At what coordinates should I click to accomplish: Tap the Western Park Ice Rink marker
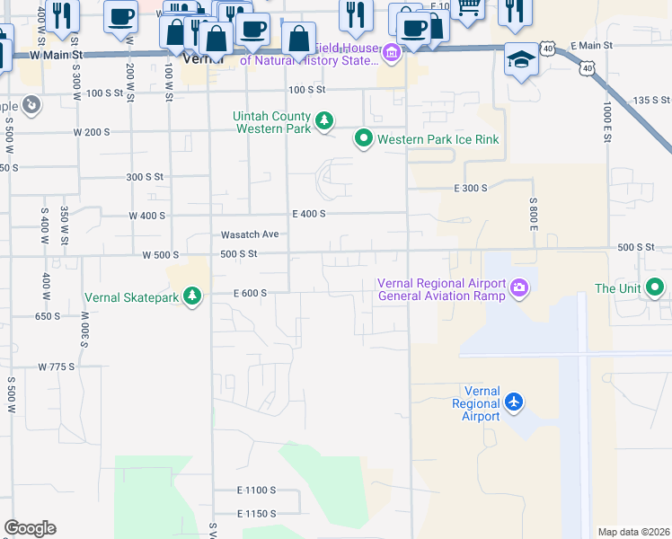tap(363, 139)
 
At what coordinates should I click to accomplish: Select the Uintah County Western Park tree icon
tap(323, 119)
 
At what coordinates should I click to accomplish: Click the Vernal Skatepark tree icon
tap(191, 296)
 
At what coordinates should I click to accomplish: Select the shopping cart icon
tap(467, 7)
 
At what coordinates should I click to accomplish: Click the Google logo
tap(30, 528)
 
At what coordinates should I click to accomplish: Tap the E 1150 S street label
tap(256, 513)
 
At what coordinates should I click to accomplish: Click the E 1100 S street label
tap(256, 490)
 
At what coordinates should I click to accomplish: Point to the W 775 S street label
tap(56, 367)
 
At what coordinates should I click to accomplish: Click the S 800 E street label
tap(533, 215)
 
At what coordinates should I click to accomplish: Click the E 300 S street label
tap(469, 188)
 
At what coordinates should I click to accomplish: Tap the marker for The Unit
tap(656, 288)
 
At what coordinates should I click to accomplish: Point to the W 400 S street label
tap(147, 216)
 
